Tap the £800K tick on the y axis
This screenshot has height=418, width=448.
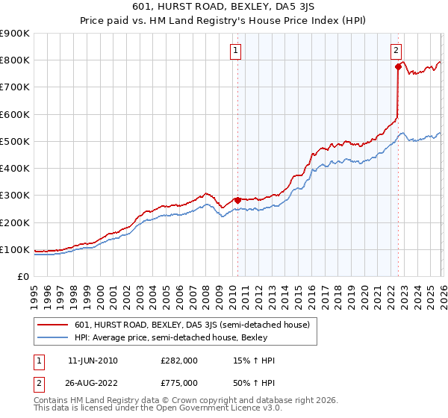[x=15, y=60]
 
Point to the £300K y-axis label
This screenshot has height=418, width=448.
[x=15, y=196]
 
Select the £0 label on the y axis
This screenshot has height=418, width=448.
[x=22, y=276]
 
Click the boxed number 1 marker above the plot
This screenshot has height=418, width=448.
[x=235, y=51]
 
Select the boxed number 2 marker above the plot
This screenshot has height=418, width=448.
[x=396, y=51]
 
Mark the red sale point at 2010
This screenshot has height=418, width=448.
[x=238, y=200]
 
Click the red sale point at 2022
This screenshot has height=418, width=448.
[x=398, y=67]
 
